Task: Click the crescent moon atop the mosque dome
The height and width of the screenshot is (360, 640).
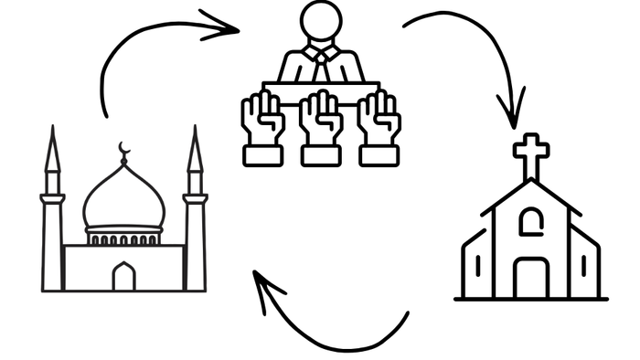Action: [123, 149]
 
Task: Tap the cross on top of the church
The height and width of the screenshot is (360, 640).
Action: [529, 156]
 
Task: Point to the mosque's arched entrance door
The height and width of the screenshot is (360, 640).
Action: [123, 276]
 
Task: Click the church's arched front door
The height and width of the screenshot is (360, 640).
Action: [530, 278]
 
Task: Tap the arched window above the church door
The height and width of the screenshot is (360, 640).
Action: [530, 221]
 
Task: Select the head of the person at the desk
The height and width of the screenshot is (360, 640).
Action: [321, 21]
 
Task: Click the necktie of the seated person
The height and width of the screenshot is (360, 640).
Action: [321, 67]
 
